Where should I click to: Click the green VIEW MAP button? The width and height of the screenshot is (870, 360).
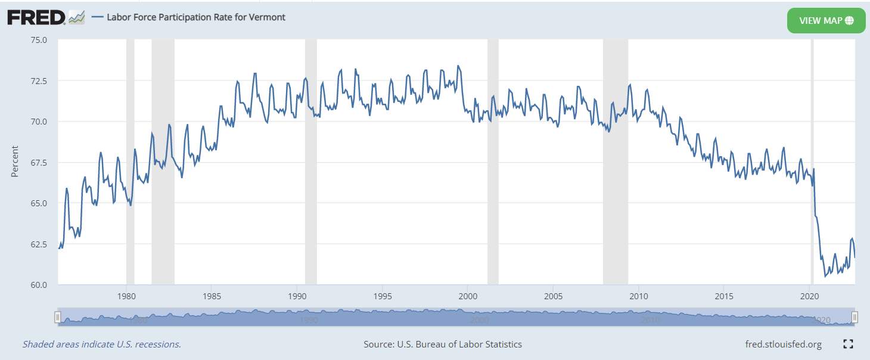click(x=826, y=21)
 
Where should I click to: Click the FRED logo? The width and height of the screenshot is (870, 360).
click(x=36, y=17)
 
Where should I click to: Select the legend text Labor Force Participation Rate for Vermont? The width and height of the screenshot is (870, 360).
click(x=195, y=17)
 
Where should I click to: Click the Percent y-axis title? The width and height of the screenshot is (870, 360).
click(x=15, y=161)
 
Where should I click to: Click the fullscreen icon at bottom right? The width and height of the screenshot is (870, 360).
click(x=849, y=344)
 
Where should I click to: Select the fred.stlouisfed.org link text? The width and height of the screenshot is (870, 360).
click(x=783, y=345)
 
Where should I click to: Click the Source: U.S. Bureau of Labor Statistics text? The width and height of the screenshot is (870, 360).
click(x=442, y=345)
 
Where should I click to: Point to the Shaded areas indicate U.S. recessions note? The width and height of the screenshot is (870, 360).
click(x=102, y=345)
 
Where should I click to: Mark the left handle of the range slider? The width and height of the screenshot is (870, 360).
click(x=58, y=317)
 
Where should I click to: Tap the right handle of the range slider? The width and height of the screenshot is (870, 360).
click(x=855, y=317)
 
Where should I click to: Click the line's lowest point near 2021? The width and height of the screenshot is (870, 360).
click(x=825, y=277)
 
